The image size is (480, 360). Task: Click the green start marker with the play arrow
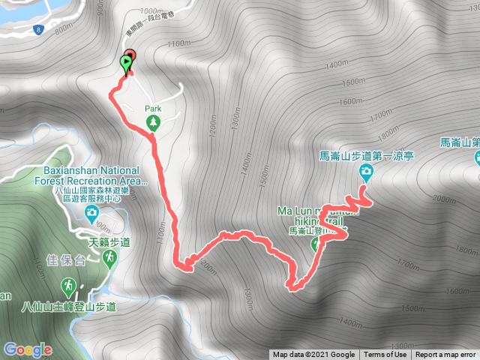click(x=124, y=64)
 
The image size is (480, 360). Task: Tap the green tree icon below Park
click(x=153, y=121)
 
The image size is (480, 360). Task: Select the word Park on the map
click(x=153, y=107)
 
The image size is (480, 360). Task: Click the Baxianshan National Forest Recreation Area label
click(x=91, y=175)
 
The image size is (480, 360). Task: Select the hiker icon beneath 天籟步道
click(x=110, y=257)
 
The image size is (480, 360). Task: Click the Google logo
click(x=27, y=349)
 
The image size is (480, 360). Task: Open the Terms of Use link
click(x=385, y=355)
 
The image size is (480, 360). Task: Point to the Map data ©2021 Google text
click(x=313, y=355)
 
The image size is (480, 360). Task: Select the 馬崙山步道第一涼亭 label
click(x=367, y=157)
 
